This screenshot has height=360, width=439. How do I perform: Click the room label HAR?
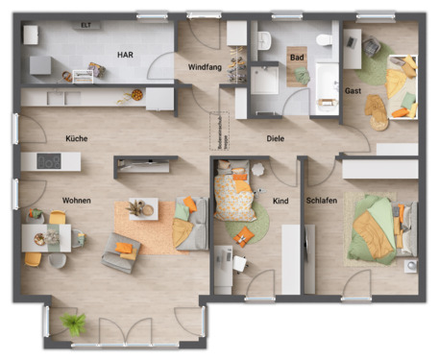click(x=125, y=55)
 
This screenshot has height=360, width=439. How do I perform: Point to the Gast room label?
click(x=353, y=90)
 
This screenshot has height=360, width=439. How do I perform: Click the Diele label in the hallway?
click(x=276, y=139)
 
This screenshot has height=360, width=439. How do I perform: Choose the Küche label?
click(x=77, y=138)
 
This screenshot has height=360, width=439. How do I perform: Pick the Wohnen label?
click(x=77, y=201)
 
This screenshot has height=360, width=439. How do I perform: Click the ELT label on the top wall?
click(x=85, y=25)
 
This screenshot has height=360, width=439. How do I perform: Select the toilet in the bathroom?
click(x=324, y=40)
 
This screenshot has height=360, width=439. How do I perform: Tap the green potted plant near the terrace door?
click(x=73, y=323)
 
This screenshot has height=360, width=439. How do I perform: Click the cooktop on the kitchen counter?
click(x=49, y=161)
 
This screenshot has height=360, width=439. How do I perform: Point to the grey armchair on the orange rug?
click(x=122, y=252)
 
